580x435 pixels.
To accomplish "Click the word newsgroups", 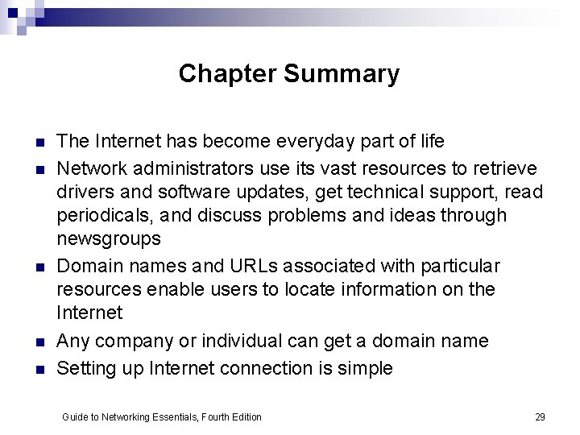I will [x=109, y=239].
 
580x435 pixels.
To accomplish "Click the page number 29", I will [x=540, y=416].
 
